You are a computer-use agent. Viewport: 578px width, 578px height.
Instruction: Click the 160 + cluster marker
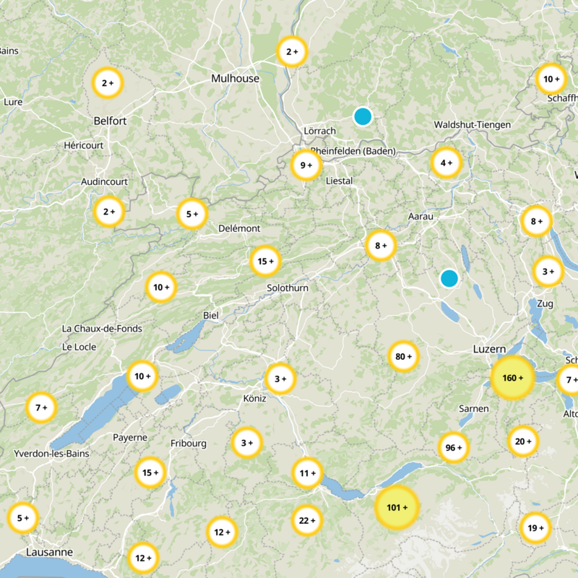pos(513,378)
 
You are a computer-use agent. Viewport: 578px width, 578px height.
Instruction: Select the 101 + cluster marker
pos(397,508)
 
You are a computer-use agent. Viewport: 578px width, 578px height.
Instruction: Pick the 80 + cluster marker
pos(404,356)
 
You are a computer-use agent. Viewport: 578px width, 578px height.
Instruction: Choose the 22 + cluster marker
pos(307,520)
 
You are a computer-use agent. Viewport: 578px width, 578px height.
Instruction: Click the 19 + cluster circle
pos(535,527)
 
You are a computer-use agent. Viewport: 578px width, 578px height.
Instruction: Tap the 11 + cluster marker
pos(307,473)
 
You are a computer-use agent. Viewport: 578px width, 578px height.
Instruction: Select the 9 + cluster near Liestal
pos(306,165)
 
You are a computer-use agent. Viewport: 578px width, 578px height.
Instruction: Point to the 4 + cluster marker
pos(446,163)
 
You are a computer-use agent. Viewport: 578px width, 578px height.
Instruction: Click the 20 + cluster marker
pos(523,441)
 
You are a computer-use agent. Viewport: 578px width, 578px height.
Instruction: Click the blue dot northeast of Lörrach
pos(363,116)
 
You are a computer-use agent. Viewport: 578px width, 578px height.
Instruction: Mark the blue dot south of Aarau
pos(449,278)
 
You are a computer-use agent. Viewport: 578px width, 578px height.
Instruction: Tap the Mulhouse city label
pos(235,78)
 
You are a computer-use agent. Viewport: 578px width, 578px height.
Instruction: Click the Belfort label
pos(110,121)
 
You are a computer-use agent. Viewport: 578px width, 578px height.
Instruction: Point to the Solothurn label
pos(288,288)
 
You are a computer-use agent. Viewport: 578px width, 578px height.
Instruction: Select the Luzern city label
pos(489,349)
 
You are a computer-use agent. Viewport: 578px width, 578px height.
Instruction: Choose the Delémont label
pos(239,228)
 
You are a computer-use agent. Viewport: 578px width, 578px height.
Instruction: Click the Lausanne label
pos(49,552)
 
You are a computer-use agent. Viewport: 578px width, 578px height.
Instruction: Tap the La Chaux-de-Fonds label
pos(102,329)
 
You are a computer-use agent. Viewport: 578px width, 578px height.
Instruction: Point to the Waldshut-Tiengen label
pos(472,125)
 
